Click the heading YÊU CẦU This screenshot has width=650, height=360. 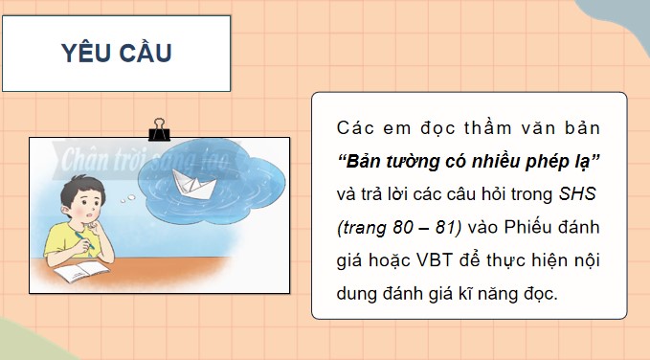coord(117,54)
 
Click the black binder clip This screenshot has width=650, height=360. coord(158,131)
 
